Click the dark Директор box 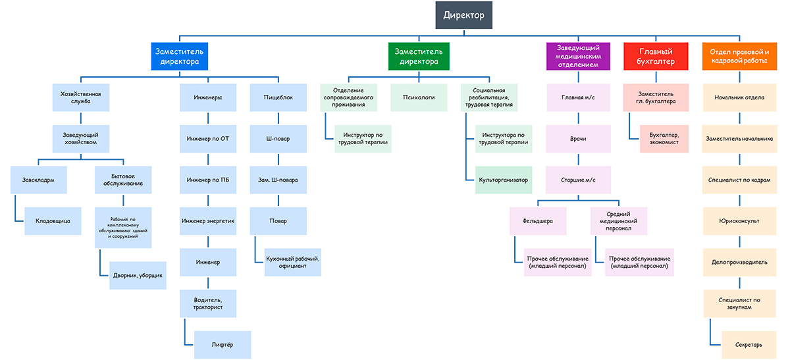tap(463, 15)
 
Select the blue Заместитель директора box tap(180, 57)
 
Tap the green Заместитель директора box tap(419, 57)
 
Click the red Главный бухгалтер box tap(656, 57)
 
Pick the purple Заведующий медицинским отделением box tap(578, 57)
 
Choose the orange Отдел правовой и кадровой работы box tap(739, 57)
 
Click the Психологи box tap(419, 97)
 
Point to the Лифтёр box tap(223, 345)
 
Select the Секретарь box tap(749, 345)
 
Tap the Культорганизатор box tap(503, 180)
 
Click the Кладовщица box tap(53, 221)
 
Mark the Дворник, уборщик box tap(138, 275)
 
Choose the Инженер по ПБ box tap(208, 180)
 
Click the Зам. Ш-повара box tap(278, 180)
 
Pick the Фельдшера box tap(538, 221)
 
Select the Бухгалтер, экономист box tap(664, 139)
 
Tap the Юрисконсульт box tap(739, 221)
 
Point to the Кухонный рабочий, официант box tap(293, 263)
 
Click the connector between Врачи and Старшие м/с tap(579, 159)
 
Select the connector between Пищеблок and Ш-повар tap(278, 118)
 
